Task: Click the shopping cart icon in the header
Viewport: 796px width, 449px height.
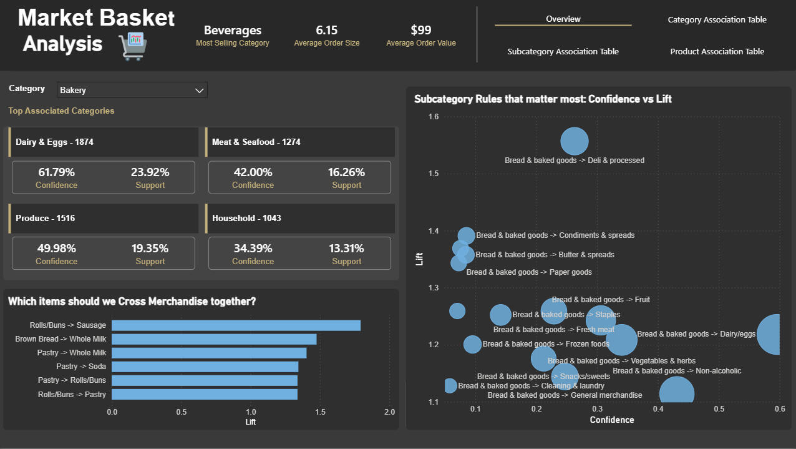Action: coord(132,46)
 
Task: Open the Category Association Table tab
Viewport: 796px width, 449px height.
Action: coord(717,19)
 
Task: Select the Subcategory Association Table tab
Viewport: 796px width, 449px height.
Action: coord(563,52)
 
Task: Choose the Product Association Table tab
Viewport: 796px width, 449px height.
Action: coord(717,52)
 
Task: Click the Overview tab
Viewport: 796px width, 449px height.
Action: coord(563,19)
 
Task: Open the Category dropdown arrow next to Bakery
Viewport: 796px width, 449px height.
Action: coord(200,91)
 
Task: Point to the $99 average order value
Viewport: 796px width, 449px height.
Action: coord(420,30)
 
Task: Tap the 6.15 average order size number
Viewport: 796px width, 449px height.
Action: coord(326,30)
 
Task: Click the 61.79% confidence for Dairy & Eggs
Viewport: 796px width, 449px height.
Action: coord(56,172)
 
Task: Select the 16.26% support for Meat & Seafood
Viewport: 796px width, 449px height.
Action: coord(346,172)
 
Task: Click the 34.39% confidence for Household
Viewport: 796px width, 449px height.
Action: coord(253,249)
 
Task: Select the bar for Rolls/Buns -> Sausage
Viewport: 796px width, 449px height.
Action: coord(236,325)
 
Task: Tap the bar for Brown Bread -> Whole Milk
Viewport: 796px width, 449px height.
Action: coord(214,339)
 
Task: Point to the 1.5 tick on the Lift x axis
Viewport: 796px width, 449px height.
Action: coord(320,412)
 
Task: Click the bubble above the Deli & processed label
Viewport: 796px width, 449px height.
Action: coord(574,141)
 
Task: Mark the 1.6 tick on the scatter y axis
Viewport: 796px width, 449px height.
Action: coord(434,117)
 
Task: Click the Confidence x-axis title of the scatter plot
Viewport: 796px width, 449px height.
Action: coord(611,420)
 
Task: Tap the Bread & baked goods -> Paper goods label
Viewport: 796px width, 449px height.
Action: coord(529,272)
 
